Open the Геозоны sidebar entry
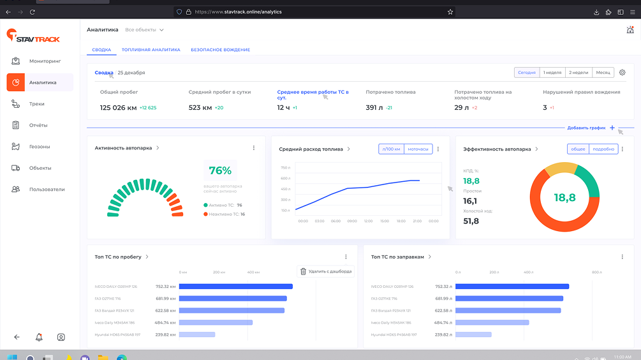(x=40, y=147)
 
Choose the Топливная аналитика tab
(x=151, y=50)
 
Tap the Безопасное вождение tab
(x=220, y=50)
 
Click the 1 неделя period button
(x=552, y=73)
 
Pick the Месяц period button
(x=603, y=73)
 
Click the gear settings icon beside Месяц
(x=623, y=73)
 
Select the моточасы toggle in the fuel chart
(x=418, y=149)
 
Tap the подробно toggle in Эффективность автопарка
(x=604, y=149)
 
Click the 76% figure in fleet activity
(x=220, y=170)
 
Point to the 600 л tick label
(x=285, y=179)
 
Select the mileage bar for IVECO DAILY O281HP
(x=235, y=287)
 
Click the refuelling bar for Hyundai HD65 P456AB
(x=473, y=334)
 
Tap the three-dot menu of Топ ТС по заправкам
(x=623, y=257)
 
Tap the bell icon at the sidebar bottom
(x=39, y=337)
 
